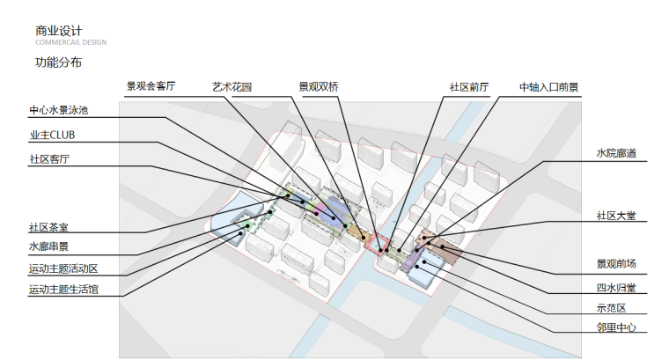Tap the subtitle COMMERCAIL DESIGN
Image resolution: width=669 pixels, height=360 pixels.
[71, 43]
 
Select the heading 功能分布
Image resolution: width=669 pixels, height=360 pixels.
[58, 63]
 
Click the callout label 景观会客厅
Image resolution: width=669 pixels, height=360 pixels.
[151, 87]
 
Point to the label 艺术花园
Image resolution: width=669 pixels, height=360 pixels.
[232, 87]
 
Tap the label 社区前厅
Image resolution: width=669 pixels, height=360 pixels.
[468, 87]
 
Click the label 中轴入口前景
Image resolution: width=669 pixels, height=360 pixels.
[548, 87]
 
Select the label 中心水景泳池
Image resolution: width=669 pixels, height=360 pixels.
[58, 112]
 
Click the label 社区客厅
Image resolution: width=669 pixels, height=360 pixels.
[48, 159]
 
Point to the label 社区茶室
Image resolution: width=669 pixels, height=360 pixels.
[48, 228]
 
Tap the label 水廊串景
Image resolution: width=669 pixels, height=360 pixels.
[48, 247]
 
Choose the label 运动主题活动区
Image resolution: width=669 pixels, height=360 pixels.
[63, 268]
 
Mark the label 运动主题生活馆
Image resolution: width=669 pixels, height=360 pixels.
[63, 289]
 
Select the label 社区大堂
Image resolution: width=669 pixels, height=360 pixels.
[615, 216]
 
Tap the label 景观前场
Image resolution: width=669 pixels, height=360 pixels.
[615, 264]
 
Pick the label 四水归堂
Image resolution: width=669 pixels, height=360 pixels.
[615, 287]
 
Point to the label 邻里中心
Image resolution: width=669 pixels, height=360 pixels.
[615, 328]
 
